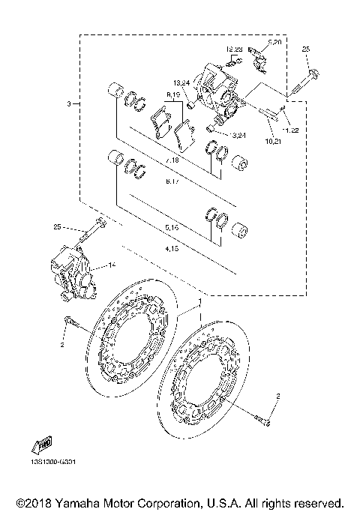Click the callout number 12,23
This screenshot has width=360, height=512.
point(232,49)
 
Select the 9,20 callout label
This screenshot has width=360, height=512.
point(274,43)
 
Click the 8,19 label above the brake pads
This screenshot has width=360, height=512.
point(174,95)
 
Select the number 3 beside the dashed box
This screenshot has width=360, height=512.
point(68,103)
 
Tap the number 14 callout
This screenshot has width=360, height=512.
point(112,265)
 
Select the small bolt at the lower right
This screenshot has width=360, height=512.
point(264,422)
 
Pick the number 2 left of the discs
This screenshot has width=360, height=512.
point(63,346)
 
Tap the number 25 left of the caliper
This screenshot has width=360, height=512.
point(58,227)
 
